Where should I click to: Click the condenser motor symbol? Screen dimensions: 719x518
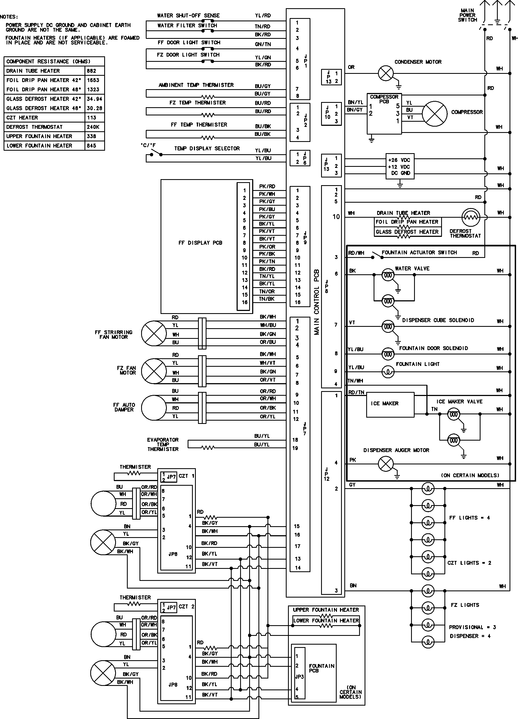[386, 74]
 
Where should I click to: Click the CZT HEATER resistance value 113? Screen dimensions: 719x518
[92, 118]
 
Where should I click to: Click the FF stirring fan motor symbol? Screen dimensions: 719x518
[154, 333]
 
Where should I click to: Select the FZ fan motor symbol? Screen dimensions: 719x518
[154, 371]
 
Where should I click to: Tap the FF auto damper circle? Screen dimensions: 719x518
[154, 408]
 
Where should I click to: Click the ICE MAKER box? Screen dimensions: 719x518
[390, 405]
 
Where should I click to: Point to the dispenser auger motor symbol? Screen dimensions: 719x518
[386, 464]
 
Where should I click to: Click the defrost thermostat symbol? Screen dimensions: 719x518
[471, 217]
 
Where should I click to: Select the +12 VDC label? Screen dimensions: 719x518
[399, 167]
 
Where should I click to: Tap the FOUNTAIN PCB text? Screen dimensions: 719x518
[321, 668]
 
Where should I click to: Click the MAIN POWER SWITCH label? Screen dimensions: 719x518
[467, 15]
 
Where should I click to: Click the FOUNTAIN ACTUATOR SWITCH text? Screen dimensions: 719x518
[419, 253]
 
